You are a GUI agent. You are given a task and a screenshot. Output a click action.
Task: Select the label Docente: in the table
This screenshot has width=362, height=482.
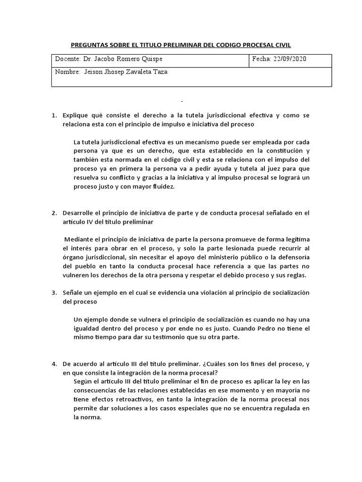click(x=68, y=59)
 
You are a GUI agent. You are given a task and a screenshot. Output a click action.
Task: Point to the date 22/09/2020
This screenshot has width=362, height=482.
click(x=289, y=59)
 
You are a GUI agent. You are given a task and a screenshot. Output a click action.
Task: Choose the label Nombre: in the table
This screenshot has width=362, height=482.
click(x=68, y=72)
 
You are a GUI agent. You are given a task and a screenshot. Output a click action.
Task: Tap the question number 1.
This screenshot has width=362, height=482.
click(x=54, y=115)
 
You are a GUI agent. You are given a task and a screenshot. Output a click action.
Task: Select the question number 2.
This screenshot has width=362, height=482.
click(x=54, y=213)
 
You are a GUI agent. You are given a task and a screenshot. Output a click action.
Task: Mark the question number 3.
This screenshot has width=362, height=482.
click(x=54, y=292)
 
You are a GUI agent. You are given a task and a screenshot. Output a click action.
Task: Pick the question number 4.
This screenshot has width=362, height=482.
click(x=54, y=364)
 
